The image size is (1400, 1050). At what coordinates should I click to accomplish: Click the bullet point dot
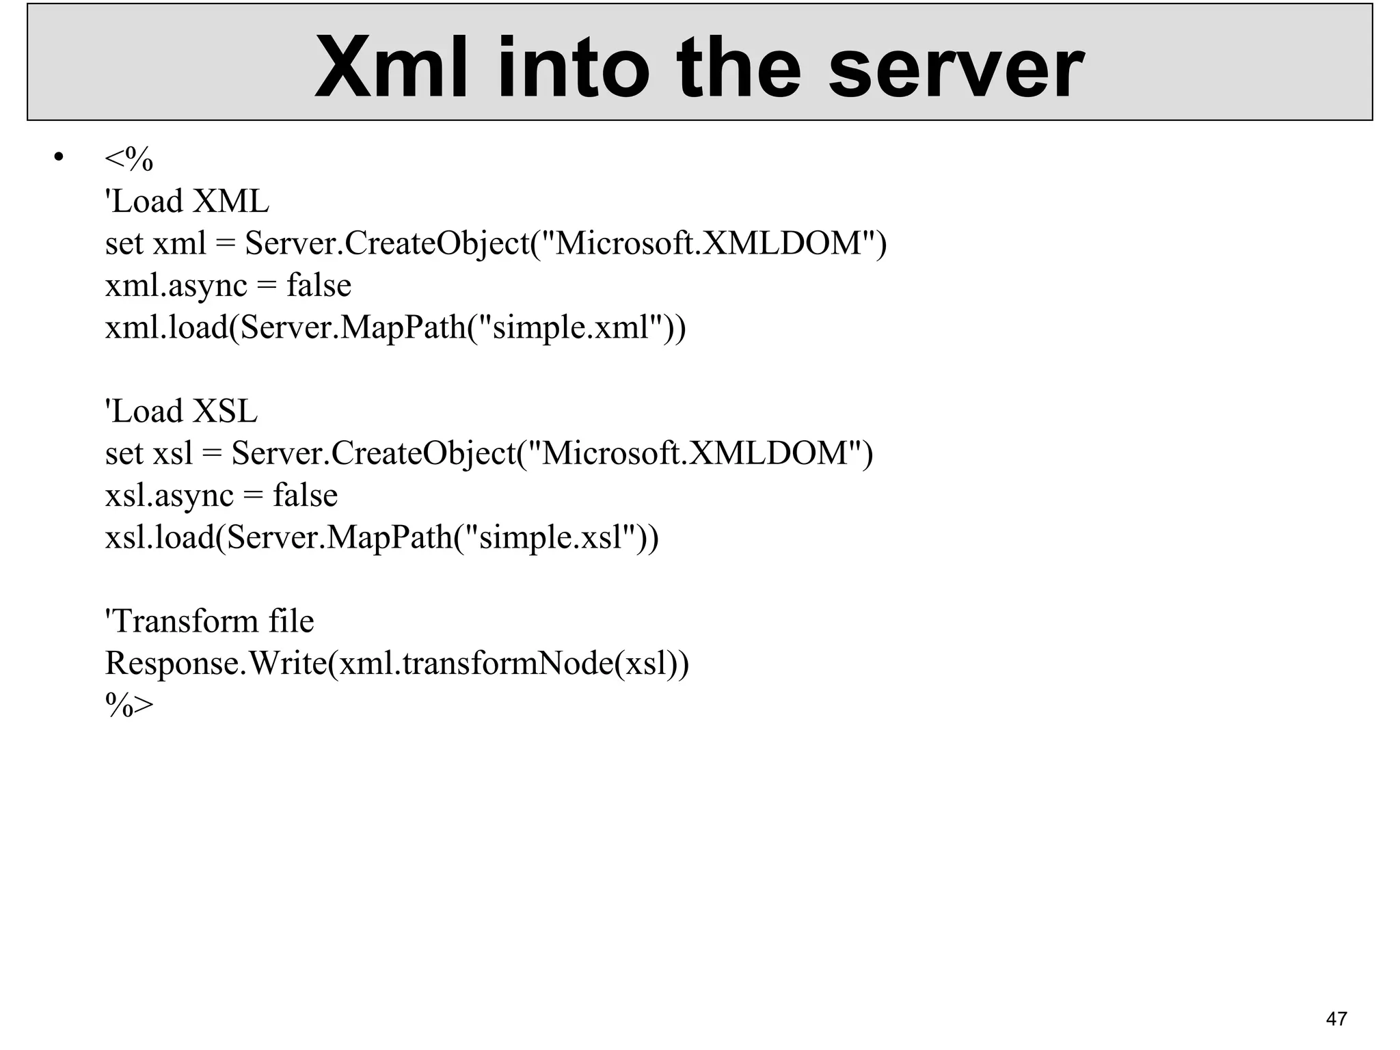[58, 158]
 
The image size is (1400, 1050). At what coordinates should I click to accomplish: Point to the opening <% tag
[129, 159]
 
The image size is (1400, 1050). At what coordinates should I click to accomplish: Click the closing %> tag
[129, 705]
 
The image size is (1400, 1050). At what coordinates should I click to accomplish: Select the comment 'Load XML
[187, 202]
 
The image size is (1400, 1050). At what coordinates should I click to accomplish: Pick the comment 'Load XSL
[180, 412]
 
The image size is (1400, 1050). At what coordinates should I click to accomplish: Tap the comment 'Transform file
[209, 621]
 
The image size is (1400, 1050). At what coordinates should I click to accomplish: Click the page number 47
[1336, 1019]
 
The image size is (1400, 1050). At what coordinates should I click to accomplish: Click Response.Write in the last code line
[216, 663]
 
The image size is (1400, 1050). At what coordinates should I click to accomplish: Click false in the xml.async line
[319, 285]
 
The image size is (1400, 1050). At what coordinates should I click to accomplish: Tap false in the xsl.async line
[305, 495]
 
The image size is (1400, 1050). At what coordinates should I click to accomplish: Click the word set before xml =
[124, 243]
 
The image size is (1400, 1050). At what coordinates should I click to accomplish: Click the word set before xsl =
[124, 453]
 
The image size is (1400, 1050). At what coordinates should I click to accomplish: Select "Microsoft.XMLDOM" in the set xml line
[708, 243]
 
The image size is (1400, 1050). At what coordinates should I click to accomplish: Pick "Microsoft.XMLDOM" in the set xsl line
[695, 453]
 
